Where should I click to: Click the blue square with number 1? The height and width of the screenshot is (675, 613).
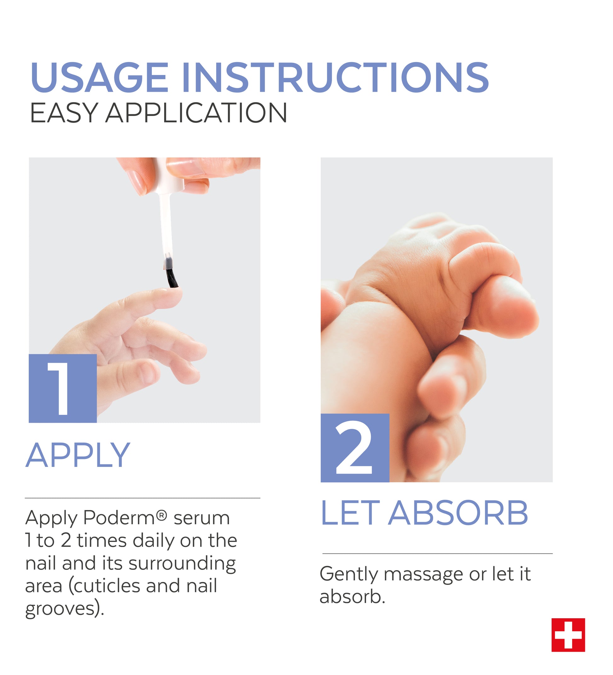point(63,388)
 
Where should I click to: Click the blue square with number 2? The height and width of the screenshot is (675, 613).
point(355,448)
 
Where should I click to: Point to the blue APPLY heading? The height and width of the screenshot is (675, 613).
point(78,455)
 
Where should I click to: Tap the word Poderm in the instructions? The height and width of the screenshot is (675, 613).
point(119,517)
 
